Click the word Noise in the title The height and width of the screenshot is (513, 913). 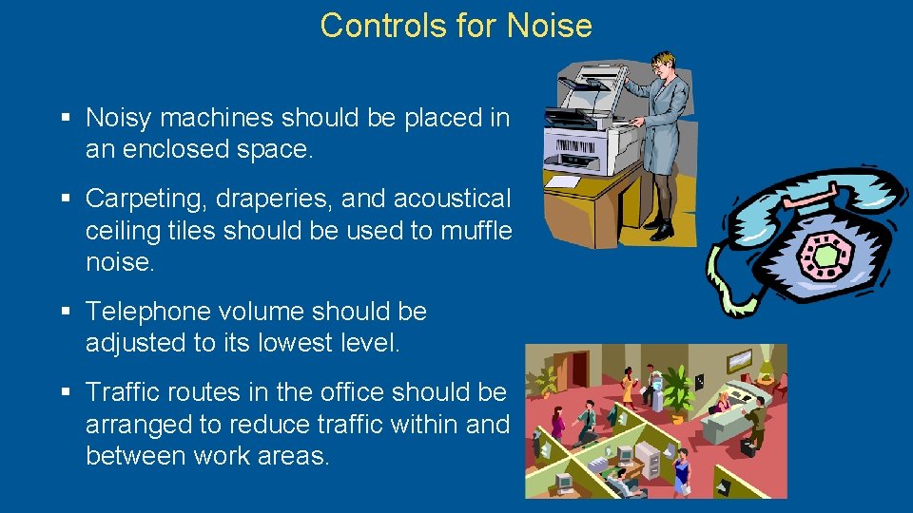tap(550, 26)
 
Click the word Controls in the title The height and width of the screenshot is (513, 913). tap(384, 26)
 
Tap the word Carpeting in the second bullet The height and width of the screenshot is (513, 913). tap(147, 199)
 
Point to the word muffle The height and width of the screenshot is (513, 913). tap(476, 231)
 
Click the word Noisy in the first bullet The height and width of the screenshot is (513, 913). tap(119, 118)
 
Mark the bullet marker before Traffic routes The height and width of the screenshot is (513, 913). tap(66, 392)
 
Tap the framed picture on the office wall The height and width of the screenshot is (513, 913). tap(739, 361)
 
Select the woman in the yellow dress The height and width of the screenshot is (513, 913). tap(628, 388)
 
